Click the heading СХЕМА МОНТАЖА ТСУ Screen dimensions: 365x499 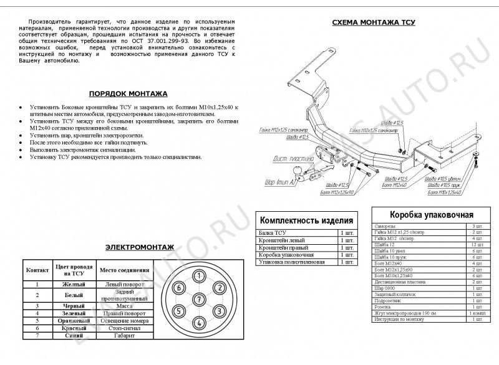374,22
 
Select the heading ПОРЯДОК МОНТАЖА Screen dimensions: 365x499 128,93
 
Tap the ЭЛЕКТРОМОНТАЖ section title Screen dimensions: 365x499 139,247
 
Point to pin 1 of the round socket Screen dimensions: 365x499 198,276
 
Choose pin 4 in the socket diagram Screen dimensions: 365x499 198,322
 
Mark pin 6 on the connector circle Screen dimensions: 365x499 178,288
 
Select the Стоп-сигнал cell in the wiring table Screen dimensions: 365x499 124,328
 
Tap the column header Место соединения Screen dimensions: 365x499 125,270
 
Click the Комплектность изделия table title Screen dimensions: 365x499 306,220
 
